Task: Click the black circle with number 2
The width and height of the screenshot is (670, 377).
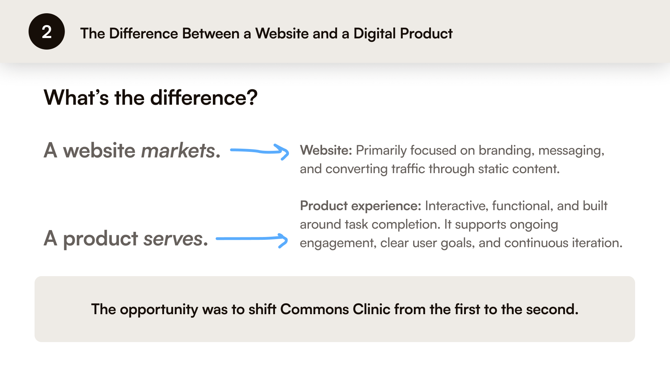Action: click(x=46, y=31)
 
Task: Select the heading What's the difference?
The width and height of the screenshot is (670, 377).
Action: click(x=150, y=97)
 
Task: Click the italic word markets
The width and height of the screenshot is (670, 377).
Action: click(x=178, y=151)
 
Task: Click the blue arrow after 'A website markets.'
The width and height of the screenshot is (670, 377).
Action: click(x=260, y=151)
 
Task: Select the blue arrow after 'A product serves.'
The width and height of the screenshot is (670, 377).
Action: click(x=252, y=239)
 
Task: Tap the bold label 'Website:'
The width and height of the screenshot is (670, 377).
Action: click(x=326, y=150)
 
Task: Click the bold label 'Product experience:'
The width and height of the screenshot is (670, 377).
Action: click(x=360, y=206)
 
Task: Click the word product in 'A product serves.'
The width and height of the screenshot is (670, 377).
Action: click(x=100, y=239)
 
